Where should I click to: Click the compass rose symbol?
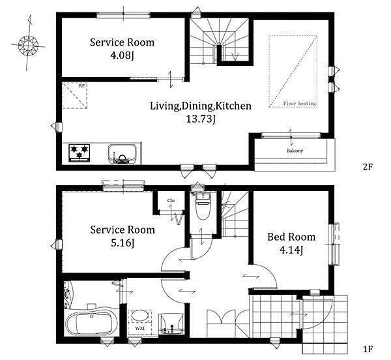[29, 46]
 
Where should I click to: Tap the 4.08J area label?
[123, 55]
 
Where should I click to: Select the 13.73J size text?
[201, 119]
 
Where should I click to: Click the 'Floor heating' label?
[300, 103]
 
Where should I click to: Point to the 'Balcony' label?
[295, 151]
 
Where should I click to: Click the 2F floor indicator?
[368, 167]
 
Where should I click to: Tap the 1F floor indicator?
[368, 349]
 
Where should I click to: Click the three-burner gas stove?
[80, 153]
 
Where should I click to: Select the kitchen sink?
[123, 155]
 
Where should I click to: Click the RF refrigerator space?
[74, 96]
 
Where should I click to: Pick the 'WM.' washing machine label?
[140, 329]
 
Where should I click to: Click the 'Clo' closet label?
[171, 200]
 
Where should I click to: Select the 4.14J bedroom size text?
[291, 250]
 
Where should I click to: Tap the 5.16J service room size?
[123, 243]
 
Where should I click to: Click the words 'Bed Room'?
[291, 237]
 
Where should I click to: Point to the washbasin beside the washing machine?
[171, 323]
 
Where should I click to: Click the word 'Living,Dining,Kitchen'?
[201, 106]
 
